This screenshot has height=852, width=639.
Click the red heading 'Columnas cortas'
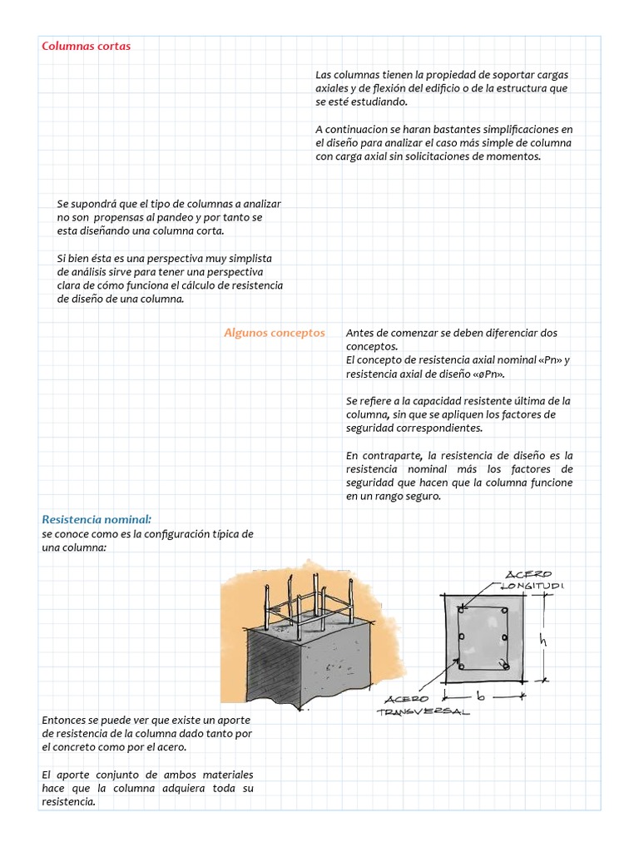[86, 46]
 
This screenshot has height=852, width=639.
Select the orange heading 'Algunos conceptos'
[274, 332]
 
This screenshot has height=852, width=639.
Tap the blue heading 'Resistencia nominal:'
[97, 519]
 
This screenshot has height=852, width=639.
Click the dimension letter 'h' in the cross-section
[541, 641]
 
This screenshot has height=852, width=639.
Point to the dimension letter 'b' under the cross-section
[481, 693]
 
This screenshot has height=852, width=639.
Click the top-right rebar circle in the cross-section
[504, 612]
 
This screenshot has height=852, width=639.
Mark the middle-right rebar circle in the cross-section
[505, 638]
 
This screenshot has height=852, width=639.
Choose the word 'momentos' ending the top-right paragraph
[516, 156]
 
